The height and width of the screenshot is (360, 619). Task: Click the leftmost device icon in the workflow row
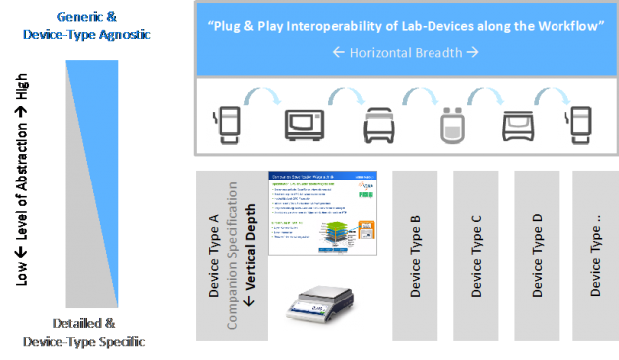[x=227, y=124]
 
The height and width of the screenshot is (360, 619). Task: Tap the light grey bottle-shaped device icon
[x=450, y=124]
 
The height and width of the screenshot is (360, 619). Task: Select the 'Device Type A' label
[x=216, y=252]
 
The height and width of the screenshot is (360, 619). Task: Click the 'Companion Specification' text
[x=234, y=252]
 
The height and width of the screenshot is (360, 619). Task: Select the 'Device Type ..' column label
[x=595, y=256]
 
